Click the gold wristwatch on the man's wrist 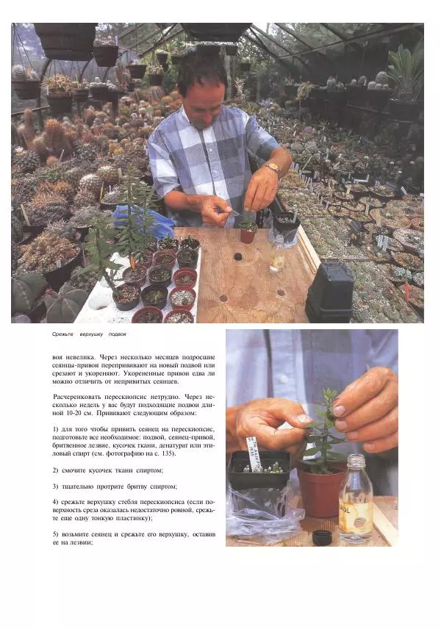[273, 168]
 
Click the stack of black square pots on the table [330, 292]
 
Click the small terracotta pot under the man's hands [248, 234]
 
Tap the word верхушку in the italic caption [91, 334]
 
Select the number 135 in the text [169, 453]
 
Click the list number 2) [55, 470]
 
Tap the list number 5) [55, 534]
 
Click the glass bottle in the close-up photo [356, 499]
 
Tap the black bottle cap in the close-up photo [322, 538]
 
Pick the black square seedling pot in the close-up [259, 470]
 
